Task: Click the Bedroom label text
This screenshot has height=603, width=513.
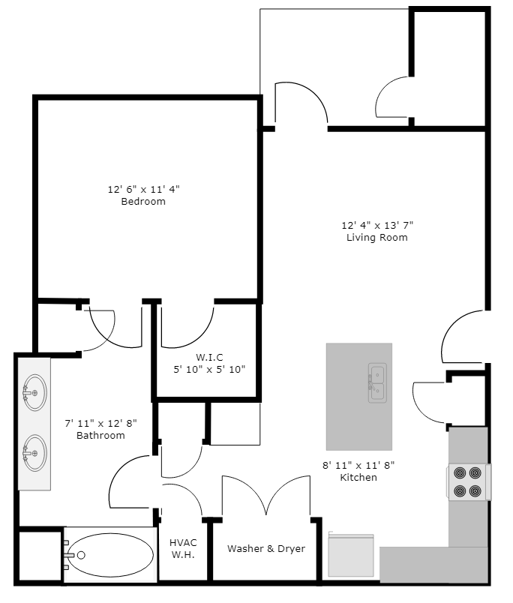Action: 143,202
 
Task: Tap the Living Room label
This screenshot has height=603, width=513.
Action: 376,238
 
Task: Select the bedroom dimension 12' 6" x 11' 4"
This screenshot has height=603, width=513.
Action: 143,189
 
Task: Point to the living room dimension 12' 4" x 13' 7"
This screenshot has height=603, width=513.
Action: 377,225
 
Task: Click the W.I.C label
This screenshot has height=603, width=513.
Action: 209,356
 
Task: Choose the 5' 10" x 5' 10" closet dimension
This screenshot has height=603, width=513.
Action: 209,369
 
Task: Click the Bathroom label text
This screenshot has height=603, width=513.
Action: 100,436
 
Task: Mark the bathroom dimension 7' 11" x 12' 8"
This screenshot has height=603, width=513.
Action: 100,423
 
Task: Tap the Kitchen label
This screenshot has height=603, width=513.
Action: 358,478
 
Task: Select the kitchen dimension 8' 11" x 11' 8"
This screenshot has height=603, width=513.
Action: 358,465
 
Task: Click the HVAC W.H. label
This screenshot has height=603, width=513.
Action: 182,548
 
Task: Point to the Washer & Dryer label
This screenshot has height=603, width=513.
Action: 266,549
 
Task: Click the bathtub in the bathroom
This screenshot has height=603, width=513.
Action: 108,555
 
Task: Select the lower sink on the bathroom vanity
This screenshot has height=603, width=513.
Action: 33,453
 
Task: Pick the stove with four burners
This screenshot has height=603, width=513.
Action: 468,482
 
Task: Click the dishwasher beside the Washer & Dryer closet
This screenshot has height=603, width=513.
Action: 351,555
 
